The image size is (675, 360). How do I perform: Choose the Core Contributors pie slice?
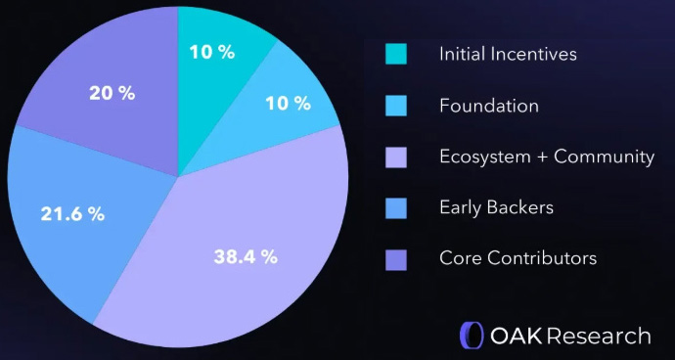click(108, 88)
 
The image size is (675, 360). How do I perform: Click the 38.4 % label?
click(246, 257)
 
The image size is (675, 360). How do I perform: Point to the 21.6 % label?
click(72, 214)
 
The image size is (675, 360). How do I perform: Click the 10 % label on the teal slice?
click(212, 52)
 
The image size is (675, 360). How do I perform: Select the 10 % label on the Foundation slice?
click(288, 103)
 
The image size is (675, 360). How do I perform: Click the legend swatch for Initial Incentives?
click(395, 54)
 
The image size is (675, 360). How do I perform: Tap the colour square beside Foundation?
click(395, 105)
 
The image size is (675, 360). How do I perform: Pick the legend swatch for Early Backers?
click(395, 207)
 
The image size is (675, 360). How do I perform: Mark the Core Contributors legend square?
click(395, 258)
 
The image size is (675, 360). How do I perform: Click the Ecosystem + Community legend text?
click(547, 157)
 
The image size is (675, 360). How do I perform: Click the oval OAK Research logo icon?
click(472, 336)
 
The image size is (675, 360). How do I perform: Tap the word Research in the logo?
click(599, 336)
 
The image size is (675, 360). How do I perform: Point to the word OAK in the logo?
click(515, 336)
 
